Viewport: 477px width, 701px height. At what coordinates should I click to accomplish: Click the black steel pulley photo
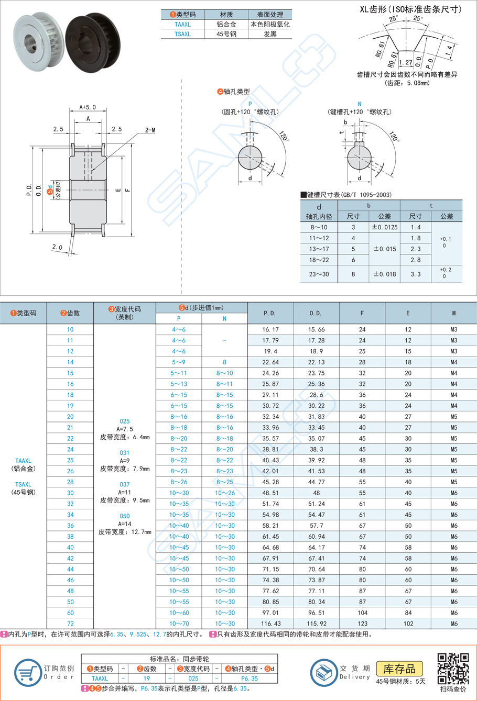pyautogui.click(x=93, y=39)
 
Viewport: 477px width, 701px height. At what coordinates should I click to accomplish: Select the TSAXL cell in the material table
pyautogui.click(x=182, y=34)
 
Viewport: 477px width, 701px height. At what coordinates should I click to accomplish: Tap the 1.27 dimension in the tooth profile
pyautogui.click(x=405, y=62)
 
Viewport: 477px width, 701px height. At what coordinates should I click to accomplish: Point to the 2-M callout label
pyautogui.click(x=150, y=130)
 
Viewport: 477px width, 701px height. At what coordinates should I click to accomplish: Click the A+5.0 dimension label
pyautogui.click(x=88, y=107)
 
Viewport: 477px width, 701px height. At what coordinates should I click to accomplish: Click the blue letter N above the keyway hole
pyautogui.click(x=360, y=104)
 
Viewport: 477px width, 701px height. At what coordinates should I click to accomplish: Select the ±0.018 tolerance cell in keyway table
pyautogui.click(x=384, y=274)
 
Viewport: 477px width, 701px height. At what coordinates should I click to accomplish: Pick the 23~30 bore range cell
pyautogui.click(x=319, y=274)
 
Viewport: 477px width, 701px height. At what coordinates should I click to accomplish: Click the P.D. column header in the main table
pyautogui.click(x=269, y=313)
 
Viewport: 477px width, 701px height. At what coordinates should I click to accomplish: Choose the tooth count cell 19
pyautogui.click(x=70, y=406)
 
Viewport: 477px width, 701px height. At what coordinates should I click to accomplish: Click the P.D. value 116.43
pyautogui.click(x=269, y=624)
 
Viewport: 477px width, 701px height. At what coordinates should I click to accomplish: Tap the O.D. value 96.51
pyautogui.click(x=316, y=613)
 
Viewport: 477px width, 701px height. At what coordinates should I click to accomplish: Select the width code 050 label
pyautogui.click(x=125, y=516)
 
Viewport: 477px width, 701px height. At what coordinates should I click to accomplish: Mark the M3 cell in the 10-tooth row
pyautogui.click(x=453, y=329)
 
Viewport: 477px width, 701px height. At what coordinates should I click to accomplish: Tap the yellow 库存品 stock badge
pyautogui.click(x=399, y=669)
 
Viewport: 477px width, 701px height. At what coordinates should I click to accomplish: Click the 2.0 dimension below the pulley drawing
pyautogui.click(x=57, y=247)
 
